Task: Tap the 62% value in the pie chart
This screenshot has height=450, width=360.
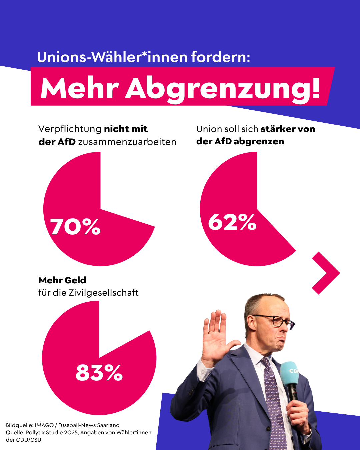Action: (x=232, y=222)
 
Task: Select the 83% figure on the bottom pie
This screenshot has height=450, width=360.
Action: (x=99, y=372)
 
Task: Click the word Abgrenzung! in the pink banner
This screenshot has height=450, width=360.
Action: (x=223, y=88)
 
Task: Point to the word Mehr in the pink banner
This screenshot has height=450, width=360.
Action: (x=80, y=88)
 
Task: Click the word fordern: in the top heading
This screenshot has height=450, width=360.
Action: (x=220, y=57)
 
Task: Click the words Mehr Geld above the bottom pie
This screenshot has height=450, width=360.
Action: (x=62, y=280)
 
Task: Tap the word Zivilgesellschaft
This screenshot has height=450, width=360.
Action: (x=103, y=293)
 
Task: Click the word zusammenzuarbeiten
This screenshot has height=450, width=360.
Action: (x=127, y=142)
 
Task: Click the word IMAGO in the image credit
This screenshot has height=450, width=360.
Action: (x=44, y=425)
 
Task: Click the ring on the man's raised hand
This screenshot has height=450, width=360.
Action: (x=211, y=332)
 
